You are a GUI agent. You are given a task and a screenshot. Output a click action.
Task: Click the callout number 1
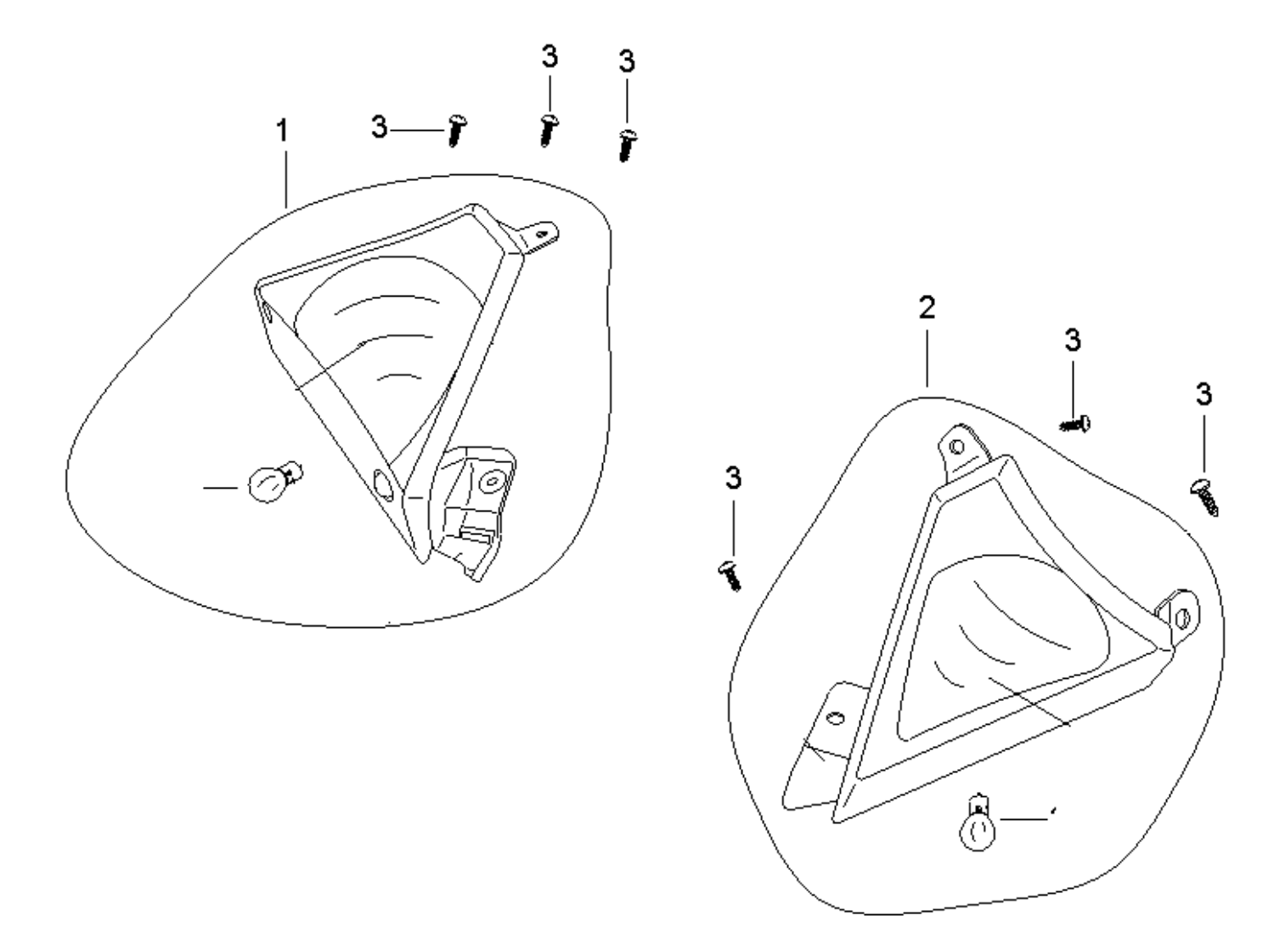(282, 132)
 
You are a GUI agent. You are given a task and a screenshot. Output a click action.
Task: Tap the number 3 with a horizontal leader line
(379, 128)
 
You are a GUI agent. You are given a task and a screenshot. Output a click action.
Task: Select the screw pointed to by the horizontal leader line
(457, 131)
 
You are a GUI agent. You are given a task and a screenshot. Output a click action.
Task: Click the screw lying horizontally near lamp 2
(1076, 422)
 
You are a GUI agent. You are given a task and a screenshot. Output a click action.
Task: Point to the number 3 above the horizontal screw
(1073, 341)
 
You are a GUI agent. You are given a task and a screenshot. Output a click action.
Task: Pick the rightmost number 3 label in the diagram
(1204, 395)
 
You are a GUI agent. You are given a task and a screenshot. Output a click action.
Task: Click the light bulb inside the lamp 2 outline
(976, 828)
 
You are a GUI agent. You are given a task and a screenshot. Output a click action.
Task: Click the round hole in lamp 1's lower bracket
(490, 482)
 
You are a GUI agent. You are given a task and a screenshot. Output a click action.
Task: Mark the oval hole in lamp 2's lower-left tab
(835, 718)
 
